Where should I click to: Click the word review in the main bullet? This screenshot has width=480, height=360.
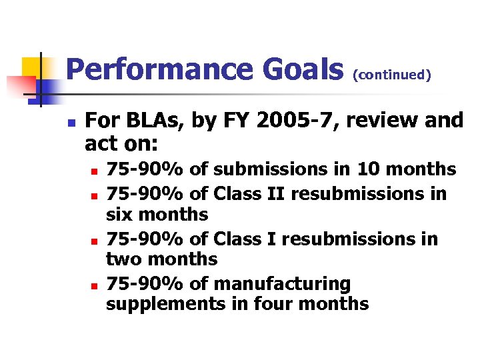point(387,121)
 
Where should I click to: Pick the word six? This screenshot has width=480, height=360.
point(122,215)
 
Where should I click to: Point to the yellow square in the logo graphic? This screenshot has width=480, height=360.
point(33,67)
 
